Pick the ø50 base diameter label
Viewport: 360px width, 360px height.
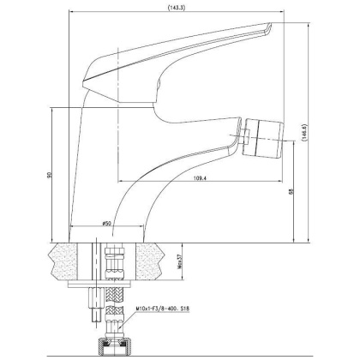tap(106, 224)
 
